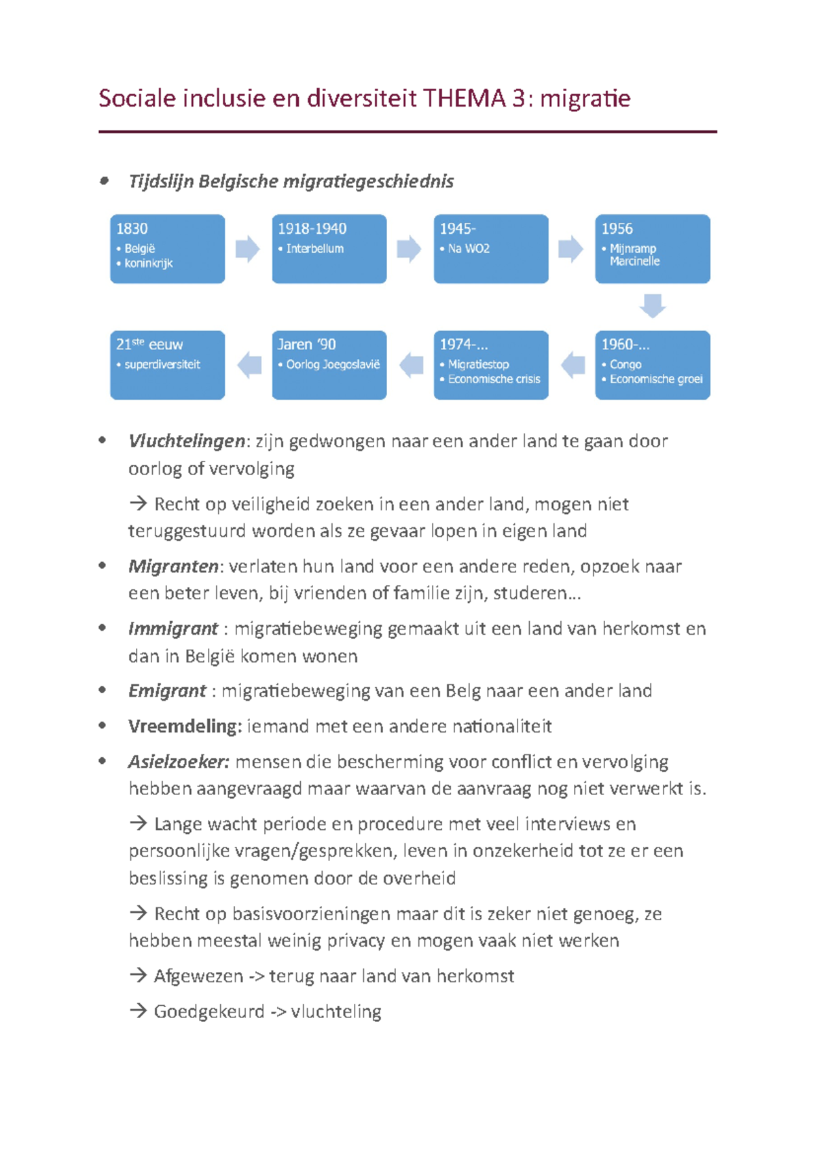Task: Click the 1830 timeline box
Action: pyautogui.click(x=167, y=249)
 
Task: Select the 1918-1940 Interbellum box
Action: pyautogui.click(x=329, y=249)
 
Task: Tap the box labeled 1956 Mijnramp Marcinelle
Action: pyautogui.click(x=652, y=249)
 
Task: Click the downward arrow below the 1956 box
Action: pyautogui.click(x=652, y=306)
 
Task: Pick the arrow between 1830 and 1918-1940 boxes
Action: pyautogui.click(x=247, y=249)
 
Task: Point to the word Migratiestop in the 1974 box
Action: pyautogui.click(x=478, y=364)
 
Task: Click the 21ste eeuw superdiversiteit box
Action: pyautogui.click(x=167, y=365)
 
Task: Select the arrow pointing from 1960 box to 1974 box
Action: pyautogui.click(x=573, y=365)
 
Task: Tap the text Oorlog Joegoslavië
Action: pyautogui.click(x=333, y=364)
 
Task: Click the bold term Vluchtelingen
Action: pyautogui.click(x=186, y=441)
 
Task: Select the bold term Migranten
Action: pyautogui.click(x=173, y=566)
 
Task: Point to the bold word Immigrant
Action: pyautogui.click(x=173, y=629)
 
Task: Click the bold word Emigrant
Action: pyautogui.click(x=166, y=691)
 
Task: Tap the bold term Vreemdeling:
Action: pyautogui.click(x=185, y=727)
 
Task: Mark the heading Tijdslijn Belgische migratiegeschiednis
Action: pyautogui.click(x=291, y=181)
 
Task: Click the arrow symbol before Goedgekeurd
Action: pyautogui.click(x=138, y=1011)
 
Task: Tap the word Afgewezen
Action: pyautogui.click(x=198, y=977)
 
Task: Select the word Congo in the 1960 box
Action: pyautogui.click(x=625, y=364)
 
